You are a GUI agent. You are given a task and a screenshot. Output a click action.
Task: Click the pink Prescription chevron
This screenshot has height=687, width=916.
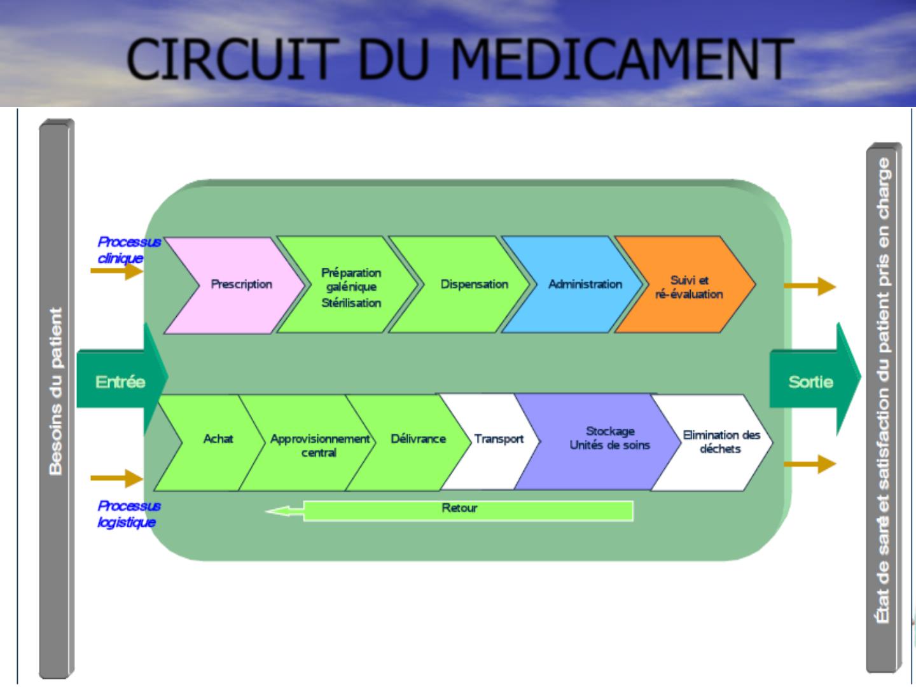click(x=239, y=284)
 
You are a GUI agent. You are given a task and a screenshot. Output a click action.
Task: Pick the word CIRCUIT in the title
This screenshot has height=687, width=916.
click(x=229, y=60)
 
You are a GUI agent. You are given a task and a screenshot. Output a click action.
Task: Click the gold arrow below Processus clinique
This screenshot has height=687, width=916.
click(x=116, y=272)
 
